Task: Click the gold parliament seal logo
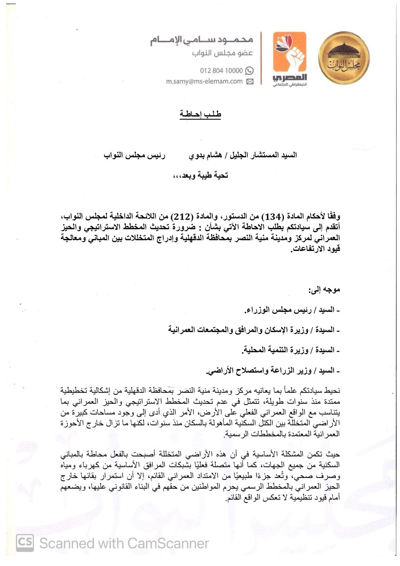345,57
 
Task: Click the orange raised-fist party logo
290,58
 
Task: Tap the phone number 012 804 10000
221,70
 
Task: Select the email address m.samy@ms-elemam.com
204,81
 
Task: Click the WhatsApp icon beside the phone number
249,70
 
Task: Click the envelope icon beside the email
250,82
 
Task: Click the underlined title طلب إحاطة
200,114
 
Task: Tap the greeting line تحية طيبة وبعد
200,175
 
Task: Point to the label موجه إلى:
324,290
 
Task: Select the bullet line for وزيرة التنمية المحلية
290,351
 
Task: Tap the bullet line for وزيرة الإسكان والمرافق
253,330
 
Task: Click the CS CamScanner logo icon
25,543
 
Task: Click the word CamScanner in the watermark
168,543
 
